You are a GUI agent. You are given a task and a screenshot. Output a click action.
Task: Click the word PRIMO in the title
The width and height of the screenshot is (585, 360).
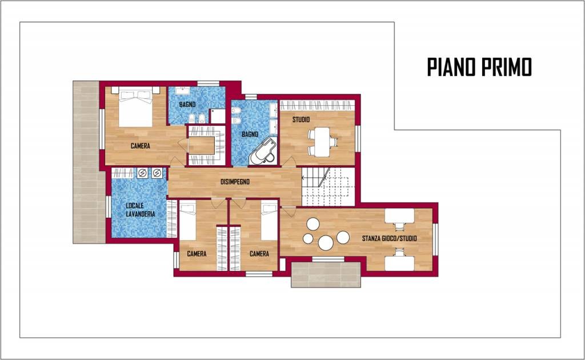click(506, 67)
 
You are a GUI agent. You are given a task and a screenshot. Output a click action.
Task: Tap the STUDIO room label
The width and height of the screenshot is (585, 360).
click(300, 120)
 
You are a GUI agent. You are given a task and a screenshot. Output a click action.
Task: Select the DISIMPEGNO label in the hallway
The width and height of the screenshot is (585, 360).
click(235, 182)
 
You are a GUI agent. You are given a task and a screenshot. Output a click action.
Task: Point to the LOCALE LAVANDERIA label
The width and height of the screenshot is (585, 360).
click(141, 210)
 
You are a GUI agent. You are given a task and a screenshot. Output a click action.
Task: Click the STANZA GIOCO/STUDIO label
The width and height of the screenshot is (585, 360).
click(390, 238)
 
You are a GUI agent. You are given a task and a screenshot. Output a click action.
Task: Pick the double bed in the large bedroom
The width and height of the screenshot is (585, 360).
click(136, 107)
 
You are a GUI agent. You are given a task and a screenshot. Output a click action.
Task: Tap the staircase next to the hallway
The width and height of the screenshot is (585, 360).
click(328, 186)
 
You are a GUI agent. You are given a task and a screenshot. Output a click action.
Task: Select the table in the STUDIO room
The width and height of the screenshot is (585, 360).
click(320, 142)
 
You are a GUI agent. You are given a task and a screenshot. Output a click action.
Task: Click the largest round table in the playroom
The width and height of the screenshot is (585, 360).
click(326, 243)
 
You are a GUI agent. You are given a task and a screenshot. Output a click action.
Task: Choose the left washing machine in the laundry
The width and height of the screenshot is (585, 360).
click(142, 173)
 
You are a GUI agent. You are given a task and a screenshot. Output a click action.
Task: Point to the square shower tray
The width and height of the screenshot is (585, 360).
click(217, 117)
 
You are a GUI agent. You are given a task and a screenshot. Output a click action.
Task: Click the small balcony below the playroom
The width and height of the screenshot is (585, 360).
click(326, 274)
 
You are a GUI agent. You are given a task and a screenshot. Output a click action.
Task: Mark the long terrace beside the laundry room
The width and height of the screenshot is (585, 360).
click(89, 162)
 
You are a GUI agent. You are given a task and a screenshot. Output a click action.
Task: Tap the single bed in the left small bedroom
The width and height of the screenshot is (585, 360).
click(187, 221)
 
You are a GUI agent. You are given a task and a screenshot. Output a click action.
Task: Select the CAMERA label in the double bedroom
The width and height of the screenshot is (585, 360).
click(141, 146)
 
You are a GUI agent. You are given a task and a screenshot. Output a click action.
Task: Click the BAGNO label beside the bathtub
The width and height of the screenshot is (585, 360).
click(250, 134)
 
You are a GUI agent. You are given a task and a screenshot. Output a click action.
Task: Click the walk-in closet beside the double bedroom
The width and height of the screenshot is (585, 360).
click(206, 146)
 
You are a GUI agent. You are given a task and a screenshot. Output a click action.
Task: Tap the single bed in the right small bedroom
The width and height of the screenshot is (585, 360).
click(269, 221)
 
